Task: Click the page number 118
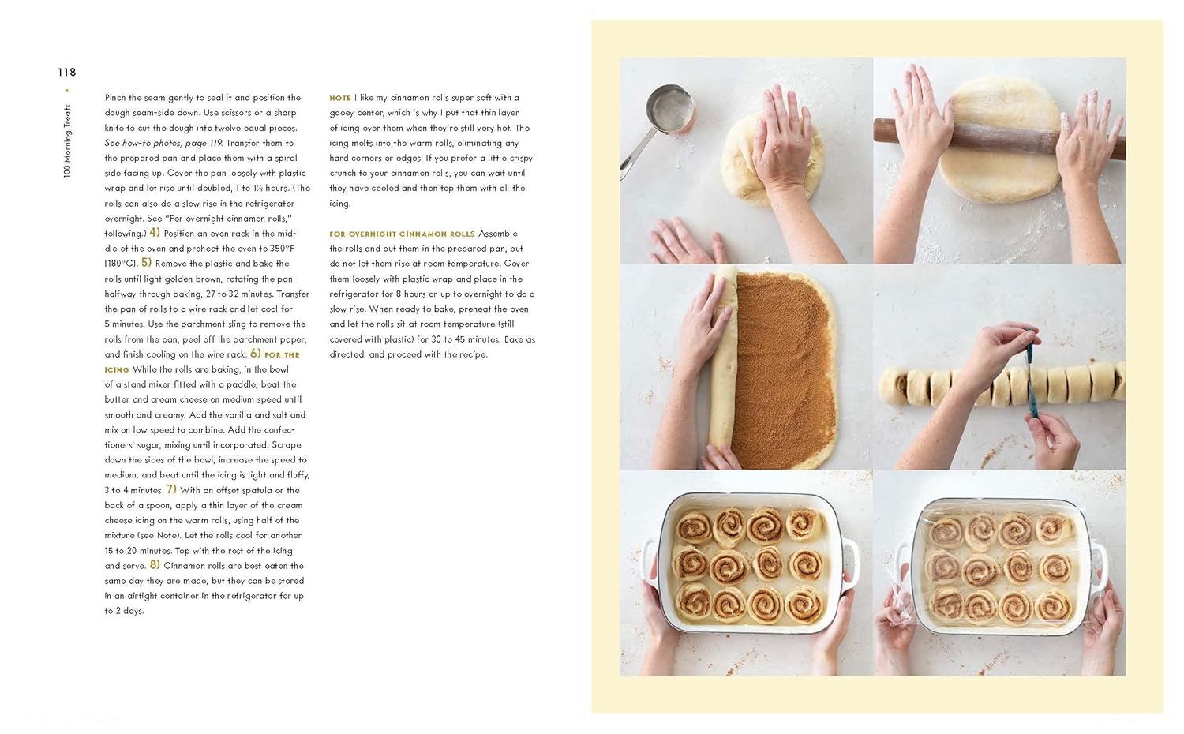(x=66, y=72)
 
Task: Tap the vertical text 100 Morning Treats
(x=67, y=141)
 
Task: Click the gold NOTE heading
(x=340, y=98)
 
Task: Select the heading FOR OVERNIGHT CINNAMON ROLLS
(x=403, y=234)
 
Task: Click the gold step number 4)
(x=155, y=233)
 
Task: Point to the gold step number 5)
(x=146, y=263)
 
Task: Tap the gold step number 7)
(x=172, y=489)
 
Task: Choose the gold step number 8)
(x=155, y=565)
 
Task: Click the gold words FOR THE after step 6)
(x=282, y=354)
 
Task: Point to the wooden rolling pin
(x=999, y=139)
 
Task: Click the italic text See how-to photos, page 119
(x=163, y=143)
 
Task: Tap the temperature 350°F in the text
(x=282, y=249)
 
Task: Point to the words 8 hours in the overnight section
(x=410, y=294)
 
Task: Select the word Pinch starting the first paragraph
(x=115, y=98)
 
